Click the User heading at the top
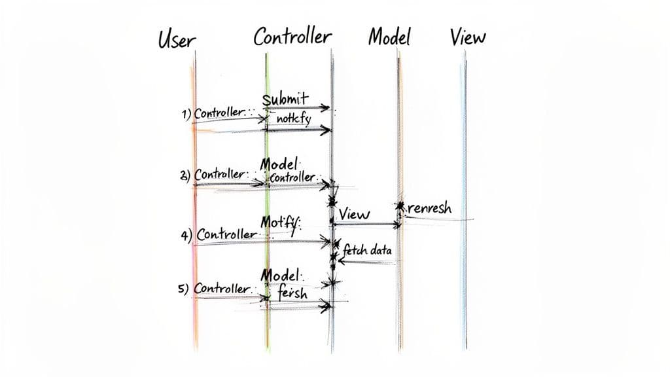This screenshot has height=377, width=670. click(177, 39)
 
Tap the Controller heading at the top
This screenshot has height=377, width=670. click(292, 37)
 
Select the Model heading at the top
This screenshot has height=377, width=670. click(389, 37)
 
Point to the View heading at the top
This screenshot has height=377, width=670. click(468, 37)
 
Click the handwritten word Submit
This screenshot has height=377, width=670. click(285, 99)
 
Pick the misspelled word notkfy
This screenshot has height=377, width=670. click(293, 120)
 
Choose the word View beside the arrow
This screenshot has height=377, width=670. click(354, 214)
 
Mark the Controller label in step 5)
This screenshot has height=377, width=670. click(222, 289)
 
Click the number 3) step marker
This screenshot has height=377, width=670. click(185, 175)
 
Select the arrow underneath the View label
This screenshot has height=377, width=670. click(366, 224)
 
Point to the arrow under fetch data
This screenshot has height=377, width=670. click(366, 262)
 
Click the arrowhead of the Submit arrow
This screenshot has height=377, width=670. click(326, 108)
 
